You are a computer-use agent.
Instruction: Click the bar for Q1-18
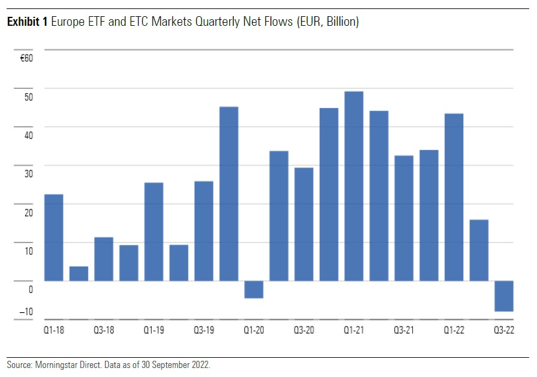(x=54, y=238)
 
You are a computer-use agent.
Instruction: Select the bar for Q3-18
(x=104, y=259)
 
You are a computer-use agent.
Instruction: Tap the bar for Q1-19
(x=154, y=232)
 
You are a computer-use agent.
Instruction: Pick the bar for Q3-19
(x=204, y=231)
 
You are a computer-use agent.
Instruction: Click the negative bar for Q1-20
(x=254, y=289)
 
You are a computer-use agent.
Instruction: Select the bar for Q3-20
(x=304, y=224)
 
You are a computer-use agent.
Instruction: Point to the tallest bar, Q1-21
(x=354, y=186)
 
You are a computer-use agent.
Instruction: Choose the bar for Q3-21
(x=404, y=218)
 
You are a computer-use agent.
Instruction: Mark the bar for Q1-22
(x=454, y=197)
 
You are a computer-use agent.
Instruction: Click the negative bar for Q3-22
(x=504, y=296)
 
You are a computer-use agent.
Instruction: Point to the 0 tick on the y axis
(x=30, y=289)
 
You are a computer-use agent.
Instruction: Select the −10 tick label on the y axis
(x=26, y=312)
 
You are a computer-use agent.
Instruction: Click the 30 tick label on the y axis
(x=29, y=173)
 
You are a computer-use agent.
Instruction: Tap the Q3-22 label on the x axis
(x=504, y=330)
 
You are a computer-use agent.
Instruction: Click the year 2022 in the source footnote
(x=200, y=364)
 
